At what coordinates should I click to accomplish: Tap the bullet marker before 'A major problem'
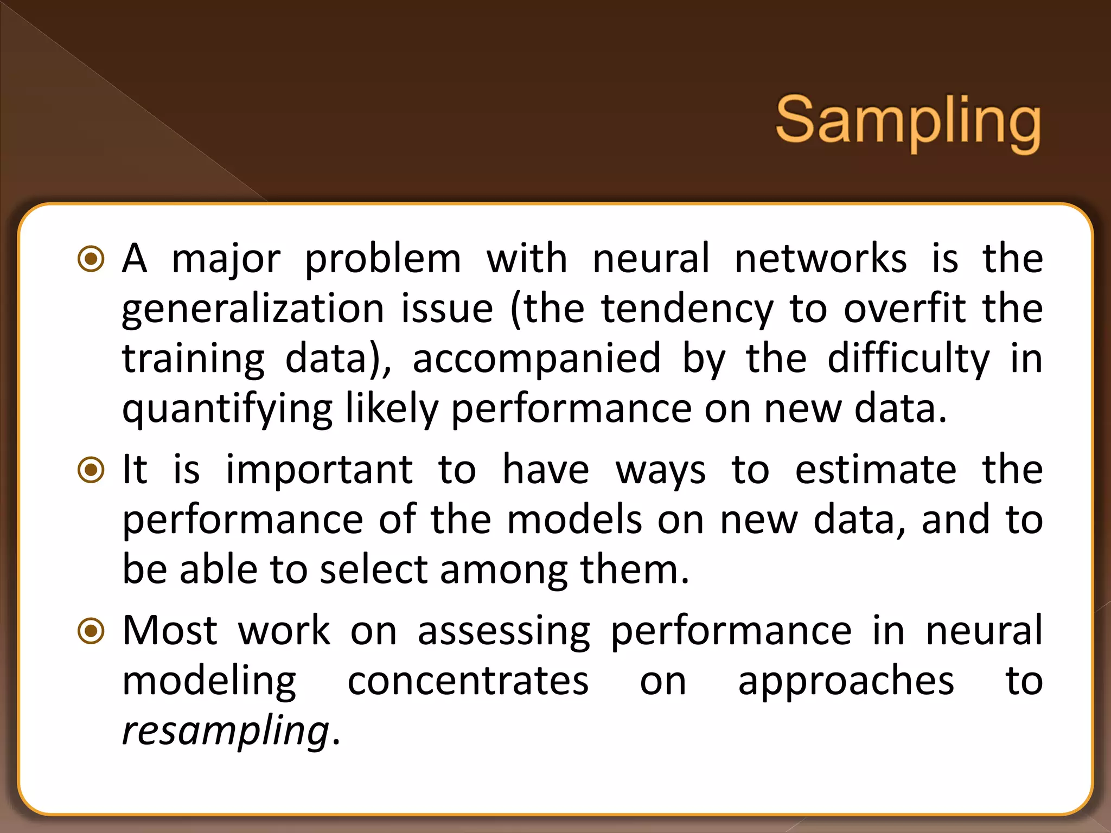pos(91,259)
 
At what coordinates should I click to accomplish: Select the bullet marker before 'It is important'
pos(91,470)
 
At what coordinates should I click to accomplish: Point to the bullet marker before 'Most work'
pos(91,631)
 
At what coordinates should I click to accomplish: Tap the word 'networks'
pos(820,258)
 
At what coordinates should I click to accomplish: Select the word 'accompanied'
pos(537,359)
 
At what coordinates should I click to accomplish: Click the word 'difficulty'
pos(908,359)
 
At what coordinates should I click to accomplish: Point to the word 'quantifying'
pos(227,410)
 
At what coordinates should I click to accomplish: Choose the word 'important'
pos(320,470)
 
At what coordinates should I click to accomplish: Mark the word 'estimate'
pos(876,470)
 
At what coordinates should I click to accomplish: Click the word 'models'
pos(575,520)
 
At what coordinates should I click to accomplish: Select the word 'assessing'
pos(504,631)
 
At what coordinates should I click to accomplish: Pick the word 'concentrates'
pos(468,681)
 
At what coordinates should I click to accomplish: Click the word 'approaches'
pos(846,681)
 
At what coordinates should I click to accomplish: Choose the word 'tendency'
pos(687,309)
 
